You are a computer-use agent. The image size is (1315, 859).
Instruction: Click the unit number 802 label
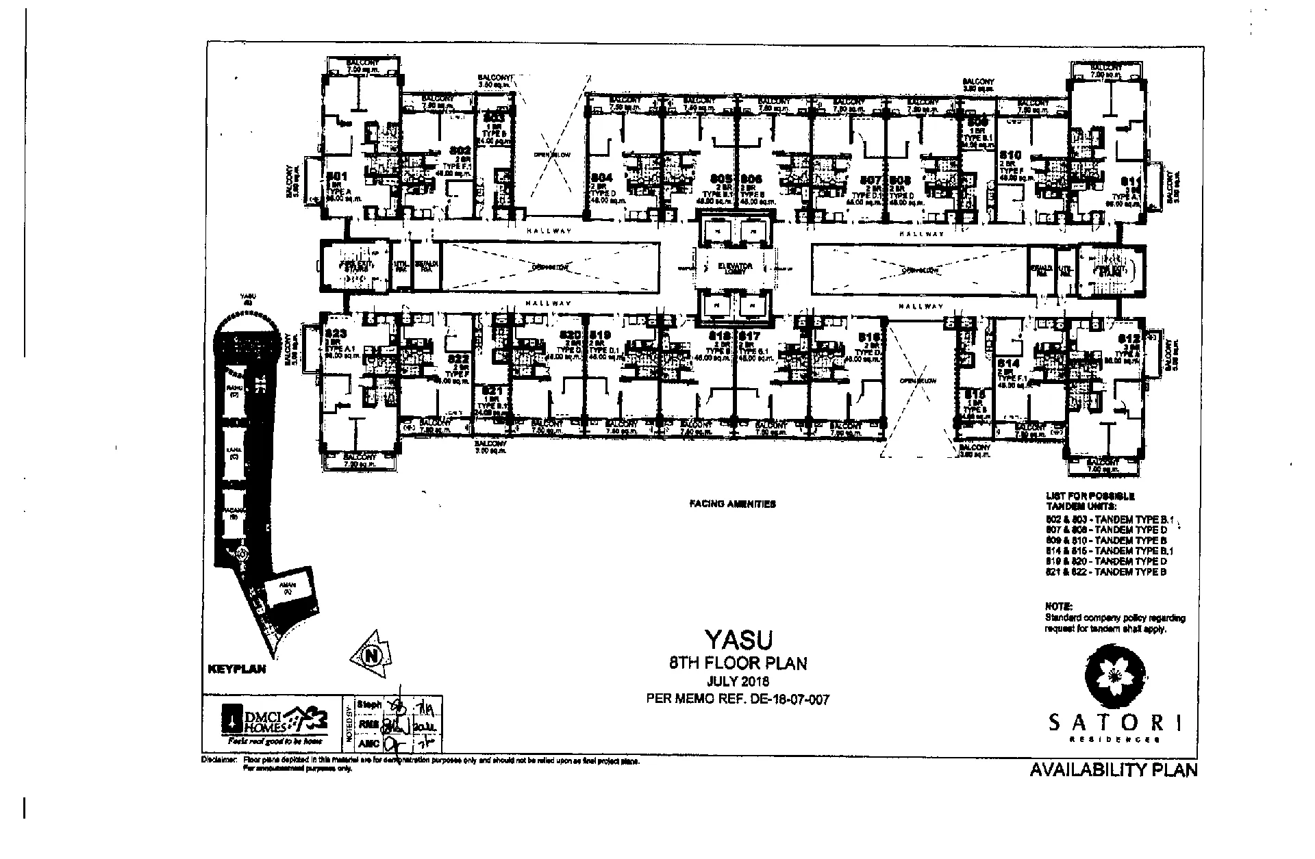pyautogui.click(x=460, y=150)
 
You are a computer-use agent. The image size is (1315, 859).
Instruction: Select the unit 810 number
pyautogui.click(x=1011, y=155)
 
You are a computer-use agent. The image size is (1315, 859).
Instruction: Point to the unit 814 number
pyautogui.click(x=1009, y=363)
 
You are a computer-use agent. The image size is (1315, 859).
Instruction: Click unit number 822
pyautogui.click(x=458, y=358)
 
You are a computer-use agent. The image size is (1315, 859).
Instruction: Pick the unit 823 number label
pyautogui.click(x=338, y=334)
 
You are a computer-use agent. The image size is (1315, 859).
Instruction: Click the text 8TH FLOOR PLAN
pyautogui.click(x=738, y=663)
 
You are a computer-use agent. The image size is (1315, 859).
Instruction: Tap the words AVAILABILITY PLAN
pyautogui.click(x=1114, y=770)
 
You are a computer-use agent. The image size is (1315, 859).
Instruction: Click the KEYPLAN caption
pyautogui.click(x=236, y=669)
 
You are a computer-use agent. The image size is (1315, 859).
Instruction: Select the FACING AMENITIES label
pyautogui.click(x=732, y=504)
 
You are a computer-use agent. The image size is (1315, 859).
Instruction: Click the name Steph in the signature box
pyautogui.click(x=369, y=704)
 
